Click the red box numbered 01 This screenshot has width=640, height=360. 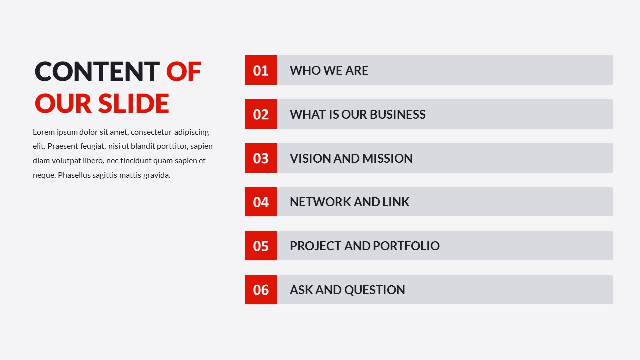click(x=261, y=70)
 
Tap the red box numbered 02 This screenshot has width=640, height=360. click(x=261, y=114)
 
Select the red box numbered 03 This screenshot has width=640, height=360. click(x=261, y=158)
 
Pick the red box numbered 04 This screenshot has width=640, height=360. click(x=261, y=202)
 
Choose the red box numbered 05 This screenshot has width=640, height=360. click(x=261, y=246)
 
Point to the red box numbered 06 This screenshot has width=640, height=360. click(x=261, y=290)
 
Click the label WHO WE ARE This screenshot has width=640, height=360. click(x=329, y=70)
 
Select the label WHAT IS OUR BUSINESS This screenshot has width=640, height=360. click(x=357, y=114)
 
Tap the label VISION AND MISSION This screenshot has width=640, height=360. click(x=351, y=158)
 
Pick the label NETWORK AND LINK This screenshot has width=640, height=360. click(x=349, y=202)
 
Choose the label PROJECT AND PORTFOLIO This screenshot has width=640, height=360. click(x=364, y=246)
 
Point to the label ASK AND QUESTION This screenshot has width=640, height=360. click(x=347, y=290)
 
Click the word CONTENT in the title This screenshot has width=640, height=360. click(x=97, y=71)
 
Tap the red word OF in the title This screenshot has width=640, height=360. click(x=184, y=71)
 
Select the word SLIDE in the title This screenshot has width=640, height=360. click(x=133, y=103)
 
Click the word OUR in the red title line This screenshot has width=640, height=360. click(x=63, y=103)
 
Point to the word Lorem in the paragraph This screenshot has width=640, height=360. click(x=43, y=132)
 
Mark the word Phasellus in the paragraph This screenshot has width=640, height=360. click(x=74, y=175)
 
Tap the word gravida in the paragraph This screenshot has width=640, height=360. click(x=157, y=175)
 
